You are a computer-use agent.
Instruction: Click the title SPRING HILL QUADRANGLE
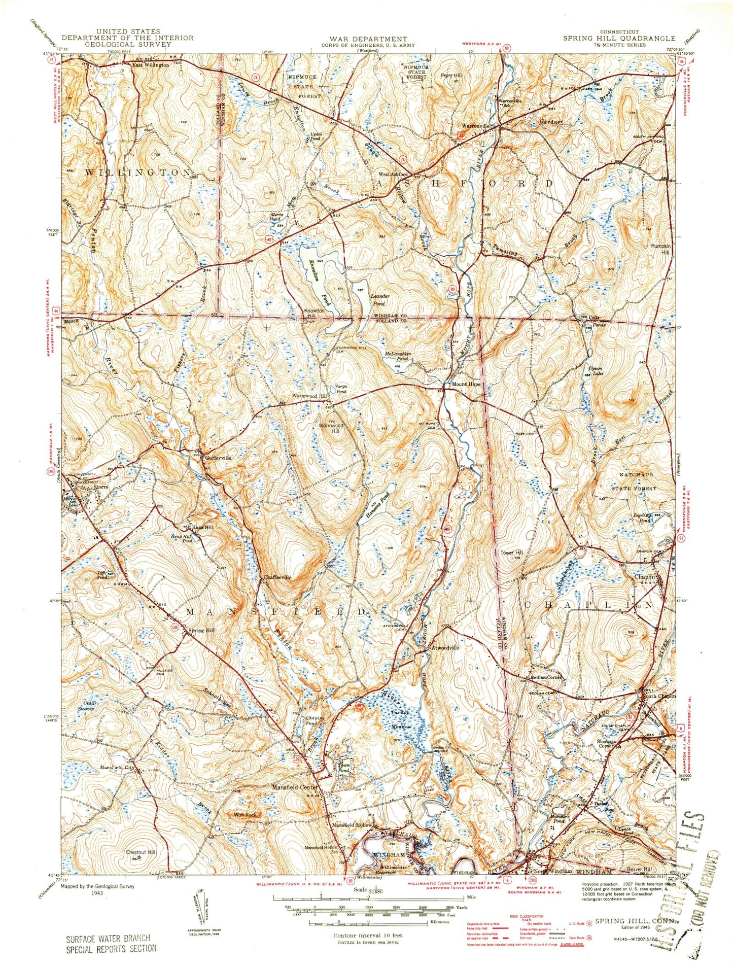[x=619, y=38]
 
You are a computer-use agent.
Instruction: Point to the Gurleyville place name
[x=218, y=457]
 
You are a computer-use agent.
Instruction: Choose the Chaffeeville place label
[x=277, y=577]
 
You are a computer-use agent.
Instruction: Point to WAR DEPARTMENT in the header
[x=368, y=39]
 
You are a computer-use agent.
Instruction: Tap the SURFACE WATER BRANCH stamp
[x=111, y=939]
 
